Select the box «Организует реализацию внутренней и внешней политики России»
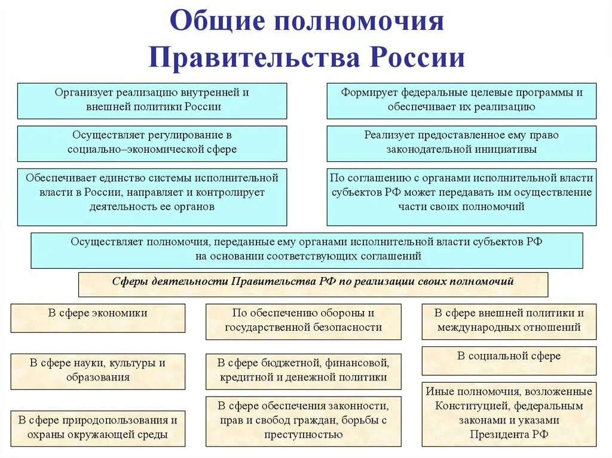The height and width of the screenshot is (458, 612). coord(152,100)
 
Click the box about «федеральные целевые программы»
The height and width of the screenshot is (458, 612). coord(461,100)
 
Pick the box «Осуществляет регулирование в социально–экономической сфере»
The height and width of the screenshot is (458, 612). coord(152,143)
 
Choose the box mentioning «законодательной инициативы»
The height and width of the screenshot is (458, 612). coord(461,143)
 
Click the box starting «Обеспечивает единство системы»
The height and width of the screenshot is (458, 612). coord(152,196)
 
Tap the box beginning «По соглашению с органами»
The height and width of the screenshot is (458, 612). coord(461,196)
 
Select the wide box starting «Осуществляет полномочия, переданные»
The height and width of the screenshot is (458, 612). coord(307,250)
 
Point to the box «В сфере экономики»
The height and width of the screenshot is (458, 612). coord(98,318)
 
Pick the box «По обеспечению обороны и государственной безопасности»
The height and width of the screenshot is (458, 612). coord(303,321)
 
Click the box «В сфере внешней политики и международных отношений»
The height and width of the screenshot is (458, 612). coord(509,321)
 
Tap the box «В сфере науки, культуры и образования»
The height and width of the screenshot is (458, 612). coord(98,370)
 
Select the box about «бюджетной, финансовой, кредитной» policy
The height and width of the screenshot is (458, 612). coord(303,370)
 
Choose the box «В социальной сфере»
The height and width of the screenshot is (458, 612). coord(509,360)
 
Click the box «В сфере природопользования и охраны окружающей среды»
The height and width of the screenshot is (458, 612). coord(98,428)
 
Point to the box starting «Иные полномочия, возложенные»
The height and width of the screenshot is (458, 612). coord(509,413)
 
